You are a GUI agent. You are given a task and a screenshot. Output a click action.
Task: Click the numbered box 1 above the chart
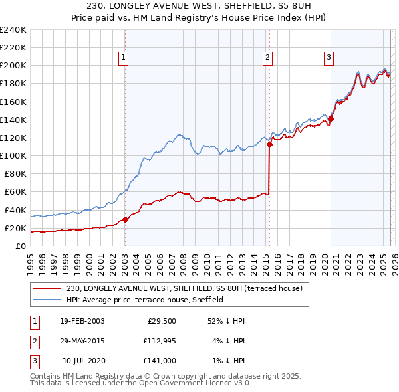coord(124,58)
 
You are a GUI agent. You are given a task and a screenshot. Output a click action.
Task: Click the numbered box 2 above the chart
coord(267,58)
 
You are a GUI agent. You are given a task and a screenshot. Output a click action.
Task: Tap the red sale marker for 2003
coord(125,219)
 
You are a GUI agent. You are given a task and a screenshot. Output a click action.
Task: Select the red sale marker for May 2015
coord(269,144)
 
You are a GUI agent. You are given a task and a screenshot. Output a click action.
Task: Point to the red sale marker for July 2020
coord(331,119)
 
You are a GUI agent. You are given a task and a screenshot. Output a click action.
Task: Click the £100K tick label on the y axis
coord(13,155)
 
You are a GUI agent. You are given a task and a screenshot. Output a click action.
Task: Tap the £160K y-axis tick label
coord(13,102)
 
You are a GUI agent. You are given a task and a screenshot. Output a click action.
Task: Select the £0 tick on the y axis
coord(21,246)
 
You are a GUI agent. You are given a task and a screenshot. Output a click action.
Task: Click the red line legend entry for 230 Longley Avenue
coord(185,288)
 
